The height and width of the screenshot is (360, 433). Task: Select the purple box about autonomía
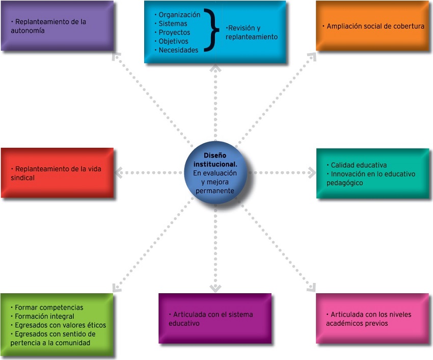coord(57,26)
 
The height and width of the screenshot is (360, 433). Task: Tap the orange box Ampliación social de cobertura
coord(372,26)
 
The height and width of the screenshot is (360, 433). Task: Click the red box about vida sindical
coord(57,173)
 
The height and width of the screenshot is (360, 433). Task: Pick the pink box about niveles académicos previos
coord(372,318)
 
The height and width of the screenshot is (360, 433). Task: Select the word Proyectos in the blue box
coord(174,33)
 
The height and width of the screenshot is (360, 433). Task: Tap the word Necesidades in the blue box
coord(178,50)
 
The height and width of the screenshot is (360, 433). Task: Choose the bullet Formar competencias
coord(49,307)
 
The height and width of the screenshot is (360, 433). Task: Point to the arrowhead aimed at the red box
coord(118,173)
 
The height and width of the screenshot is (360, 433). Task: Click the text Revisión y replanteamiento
coord(252,33)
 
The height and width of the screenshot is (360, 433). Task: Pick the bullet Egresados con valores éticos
coord(60,325)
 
